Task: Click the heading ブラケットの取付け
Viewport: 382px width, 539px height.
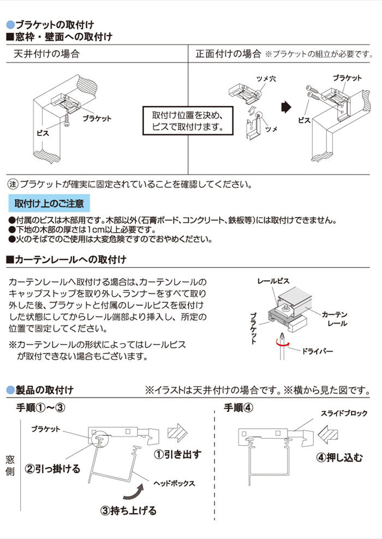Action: click(x=54, y=25)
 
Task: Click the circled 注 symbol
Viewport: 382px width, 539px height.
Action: click(x=13, y=184)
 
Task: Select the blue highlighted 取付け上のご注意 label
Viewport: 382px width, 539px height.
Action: click(x=49, y=204)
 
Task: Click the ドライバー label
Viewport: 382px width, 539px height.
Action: click(x=317, y=351)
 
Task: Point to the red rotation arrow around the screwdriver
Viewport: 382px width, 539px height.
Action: click(x=283, y=343)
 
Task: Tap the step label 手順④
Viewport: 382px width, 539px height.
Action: click(x=239, y=408)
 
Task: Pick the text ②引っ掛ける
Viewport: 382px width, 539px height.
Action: click(x=53, y=469)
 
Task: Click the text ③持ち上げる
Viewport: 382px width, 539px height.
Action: click(x=128, y=511)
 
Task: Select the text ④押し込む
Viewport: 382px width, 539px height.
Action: click(x=339, y=458)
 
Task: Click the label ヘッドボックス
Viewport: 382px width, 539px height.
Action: click(x=174, y=483)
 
